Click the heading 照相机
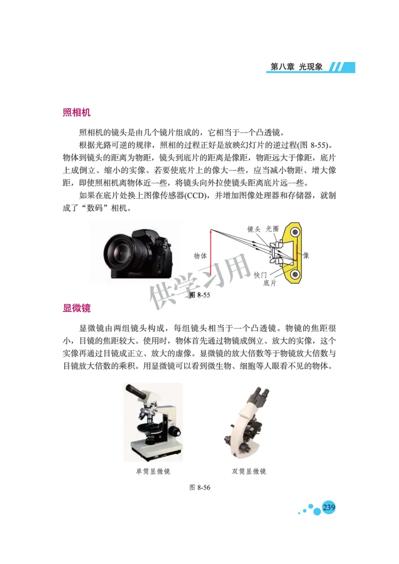click(76, 113)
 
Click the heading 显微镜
click(76, 308)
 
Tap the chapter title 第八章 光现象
click(296, 67)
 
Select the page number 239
click(329, 508)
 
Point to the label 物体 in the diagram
click(200, 256)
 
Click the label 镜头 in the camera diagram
click(254, 229)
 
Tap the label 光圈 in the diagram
click(272, 229)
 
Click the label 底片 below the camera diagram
click(270, 283)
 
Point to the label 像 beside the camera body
click(306, 255)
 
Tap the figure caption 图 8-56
click(200, 487)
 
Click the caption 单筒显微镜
click(153, 471)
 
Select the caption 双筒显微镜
click(249, 471)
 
